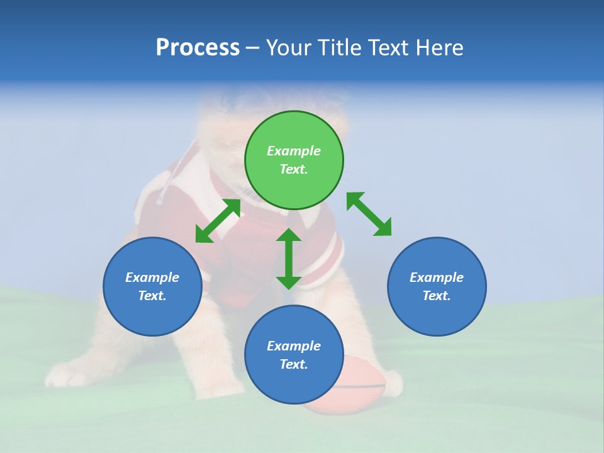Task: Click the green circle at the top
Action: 294,160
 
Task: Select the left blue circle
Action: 152,286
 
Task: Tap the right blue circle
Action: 437,286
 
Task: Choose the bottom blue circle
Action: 294,355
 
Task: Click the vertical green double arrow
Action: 289,259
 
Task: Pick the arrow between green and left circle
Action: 218,221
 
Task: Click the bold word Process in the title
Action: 198,47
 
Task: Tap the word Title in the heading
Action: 340,47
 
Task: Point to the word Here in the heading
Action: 440,47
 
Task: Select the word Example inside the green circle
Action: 294,151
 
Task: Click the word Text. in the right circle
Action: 437,296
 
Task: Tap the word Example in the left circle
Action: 152,277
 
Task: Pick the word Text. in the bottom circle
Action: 294,364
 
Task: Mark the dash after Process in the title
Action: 252,48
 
